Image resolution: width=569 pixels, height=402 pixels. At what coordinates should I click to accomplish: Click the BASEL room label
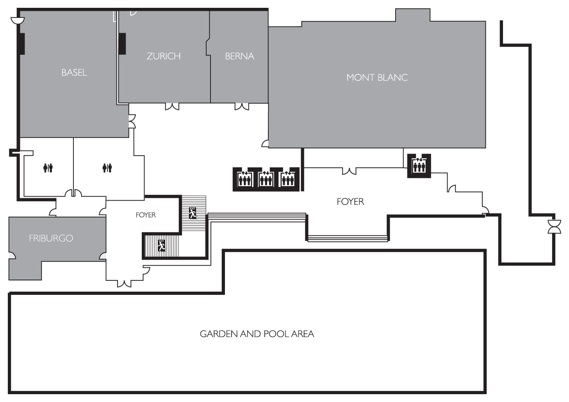click(74, 73)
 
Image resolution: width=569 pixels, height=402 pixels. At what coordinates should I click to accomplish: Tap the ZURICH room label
click(164, 56)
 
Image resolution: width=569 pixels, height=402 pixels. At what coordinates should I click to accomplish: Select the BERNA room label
click(239, 56)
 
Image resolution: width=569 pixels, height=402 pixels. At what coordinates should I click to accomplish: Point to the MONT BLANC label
click(377, 77)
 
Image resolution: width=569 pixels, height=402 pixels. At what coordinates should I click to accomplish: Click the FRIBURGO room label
click(51, 239)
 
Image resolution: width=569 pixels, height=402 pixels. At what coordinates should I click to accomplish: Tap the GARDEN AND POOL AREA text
click(257, 334)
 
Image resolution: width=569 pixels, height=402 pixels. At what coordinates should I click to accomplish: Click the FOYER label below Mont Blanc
click(350, 202)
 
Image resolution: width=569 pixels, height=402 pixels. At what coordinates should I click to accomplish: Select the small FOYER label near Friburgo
click(146, 215)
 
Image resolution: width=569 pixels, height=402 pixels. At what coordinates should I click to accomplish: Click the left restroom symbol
click(48, 168)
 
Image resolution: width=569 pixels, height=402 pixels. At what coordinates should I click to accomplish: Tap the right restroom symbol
click(107, 168)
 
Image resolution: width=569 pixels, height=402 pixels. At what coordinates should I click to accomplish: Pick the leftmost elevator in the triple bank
click(244, 179)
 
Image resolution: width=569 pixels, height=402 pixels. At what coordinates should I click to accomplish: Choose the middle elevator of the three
click(266, 179)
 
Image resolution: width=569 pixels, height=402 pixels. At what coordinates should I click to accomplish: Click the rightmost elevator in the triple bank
click(287, 179)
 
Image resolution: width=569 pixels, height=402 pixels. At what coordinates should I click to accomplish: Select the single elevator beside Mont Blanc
click(419, 165)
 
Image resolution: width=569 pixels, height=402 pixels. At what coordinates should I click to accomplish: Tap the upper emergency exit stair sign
click(193, 213)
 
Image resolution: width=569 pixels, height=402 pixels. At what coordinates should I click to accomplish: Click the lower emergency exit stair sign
click(162, 246)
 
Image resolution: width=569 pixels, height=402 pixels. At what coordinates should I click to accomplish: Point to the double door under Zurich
click(172, 107)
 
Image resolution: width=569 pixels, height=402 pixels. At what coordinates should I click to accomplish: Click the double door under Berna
click(242, 107)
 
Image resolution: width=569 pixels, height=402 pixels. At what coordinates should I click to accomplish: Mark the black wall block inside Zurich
click(122, 44)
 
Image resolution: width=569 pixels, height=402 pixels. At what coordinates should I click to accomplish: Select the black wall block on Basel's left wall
click(22, 44)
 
